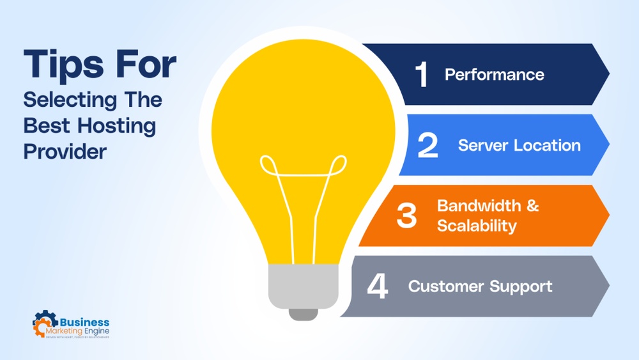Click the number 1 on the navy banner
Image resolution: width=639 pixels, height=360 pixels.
click(x=421, y=75)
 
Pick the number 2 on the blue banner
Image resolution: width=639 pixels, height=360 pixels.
click(x=427, y=145)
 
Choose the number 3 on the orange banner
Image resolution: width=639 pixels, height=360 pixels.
click(x=406, y=215)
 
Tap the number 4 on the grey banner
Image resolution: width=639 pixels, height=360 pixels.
click(x=377, y=286)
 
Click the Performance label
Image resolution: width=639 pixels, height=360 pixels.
click(x=495, y=75)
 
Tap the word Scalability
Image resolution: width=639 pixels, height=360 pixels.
click(x=477, y=226)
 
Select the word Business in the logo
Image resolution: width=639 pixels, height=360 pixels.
click(x=86, y=324)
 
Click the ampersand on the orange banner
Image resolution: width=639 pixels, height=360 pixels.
click(x=532, y=206)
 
